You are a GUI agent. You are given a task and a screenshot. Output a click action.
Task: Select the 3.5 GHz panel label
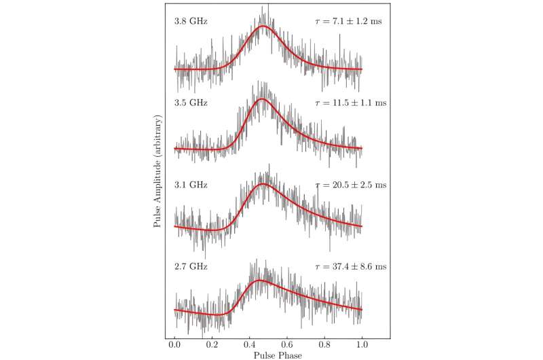pos(191,104)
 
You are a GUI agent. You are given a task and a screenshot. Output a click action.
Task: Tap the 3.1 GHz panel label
pos(191,185)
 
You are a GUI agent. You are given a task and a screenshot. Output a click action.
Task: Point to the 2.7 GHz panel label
pos(191,267)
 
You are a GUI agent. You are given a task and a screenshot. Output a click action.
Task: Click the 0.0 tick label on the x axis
pos(175,346)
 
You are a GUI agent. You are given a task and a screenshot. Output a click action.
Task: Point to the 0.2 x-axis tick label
pos(212,346)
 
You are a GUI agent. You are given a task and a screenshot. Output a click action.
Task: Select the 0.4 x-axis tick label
pos(250,346)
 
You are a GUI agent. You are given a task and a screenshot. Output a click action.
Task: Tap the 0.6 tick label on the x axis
pos(287,346)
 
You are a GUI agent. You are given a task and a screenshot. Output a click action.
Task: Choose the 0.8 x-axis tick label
pos(324,346)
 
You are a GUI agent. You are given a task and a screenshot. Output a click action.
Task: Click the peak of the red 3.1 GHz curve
pos(263,184)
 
